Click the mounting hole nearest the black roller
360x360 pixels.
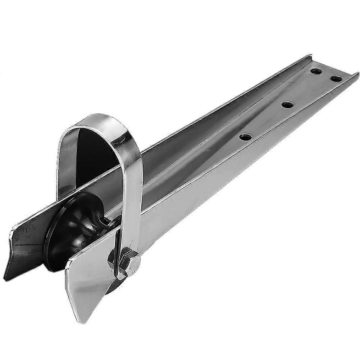pos(245,137)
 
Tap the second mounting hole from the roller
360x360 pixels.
pos(287,105)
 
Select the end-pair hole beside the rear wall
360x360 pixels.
pos(316,71)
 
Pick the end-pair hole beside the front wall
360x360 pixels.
pos(336,78)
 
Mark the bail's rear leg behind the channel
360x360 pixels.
pos(67,162)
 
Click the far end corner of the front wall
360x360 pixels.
pos(357,74)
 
